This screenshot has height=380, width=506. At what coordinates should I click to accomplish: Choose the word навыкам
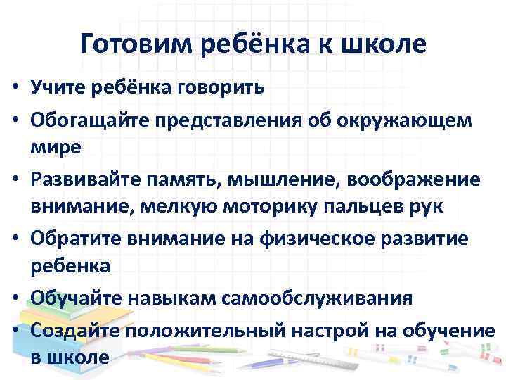tap(186, 298)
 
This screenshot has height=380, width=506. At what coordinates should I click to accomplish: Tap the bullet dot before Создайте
tap(13, 329)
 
